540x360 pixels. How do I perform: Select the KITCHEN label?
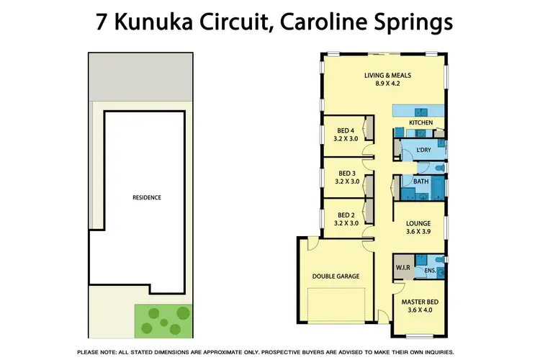coord(420,123)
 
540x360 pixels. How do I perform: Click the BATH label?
coord(420,181)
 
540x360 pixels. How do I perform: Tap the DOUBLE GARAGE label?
coord(336,276)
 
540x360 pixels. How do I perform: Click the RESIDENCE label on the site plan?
coord(146,197)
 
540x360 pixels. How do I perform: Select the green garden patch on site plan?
coord(163,318)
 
